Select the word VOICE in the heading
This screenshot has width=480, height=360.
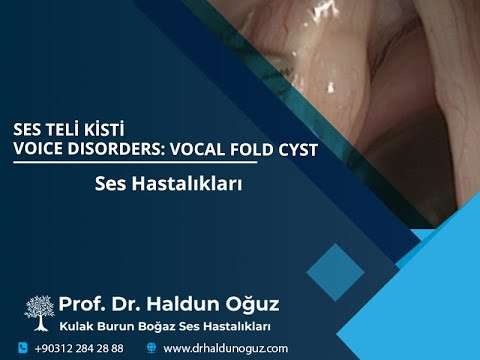pyautogui.click(x=38, y=148)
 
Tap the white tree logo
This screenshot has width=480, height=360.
pyautogui.click(x=39, y=312)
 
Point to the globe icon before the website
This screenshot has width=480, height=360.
pyautogui.click(x=152, y=348)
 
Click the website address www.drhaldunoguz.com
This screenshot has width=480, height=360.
pyautogui.click(x=225, y=348)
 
